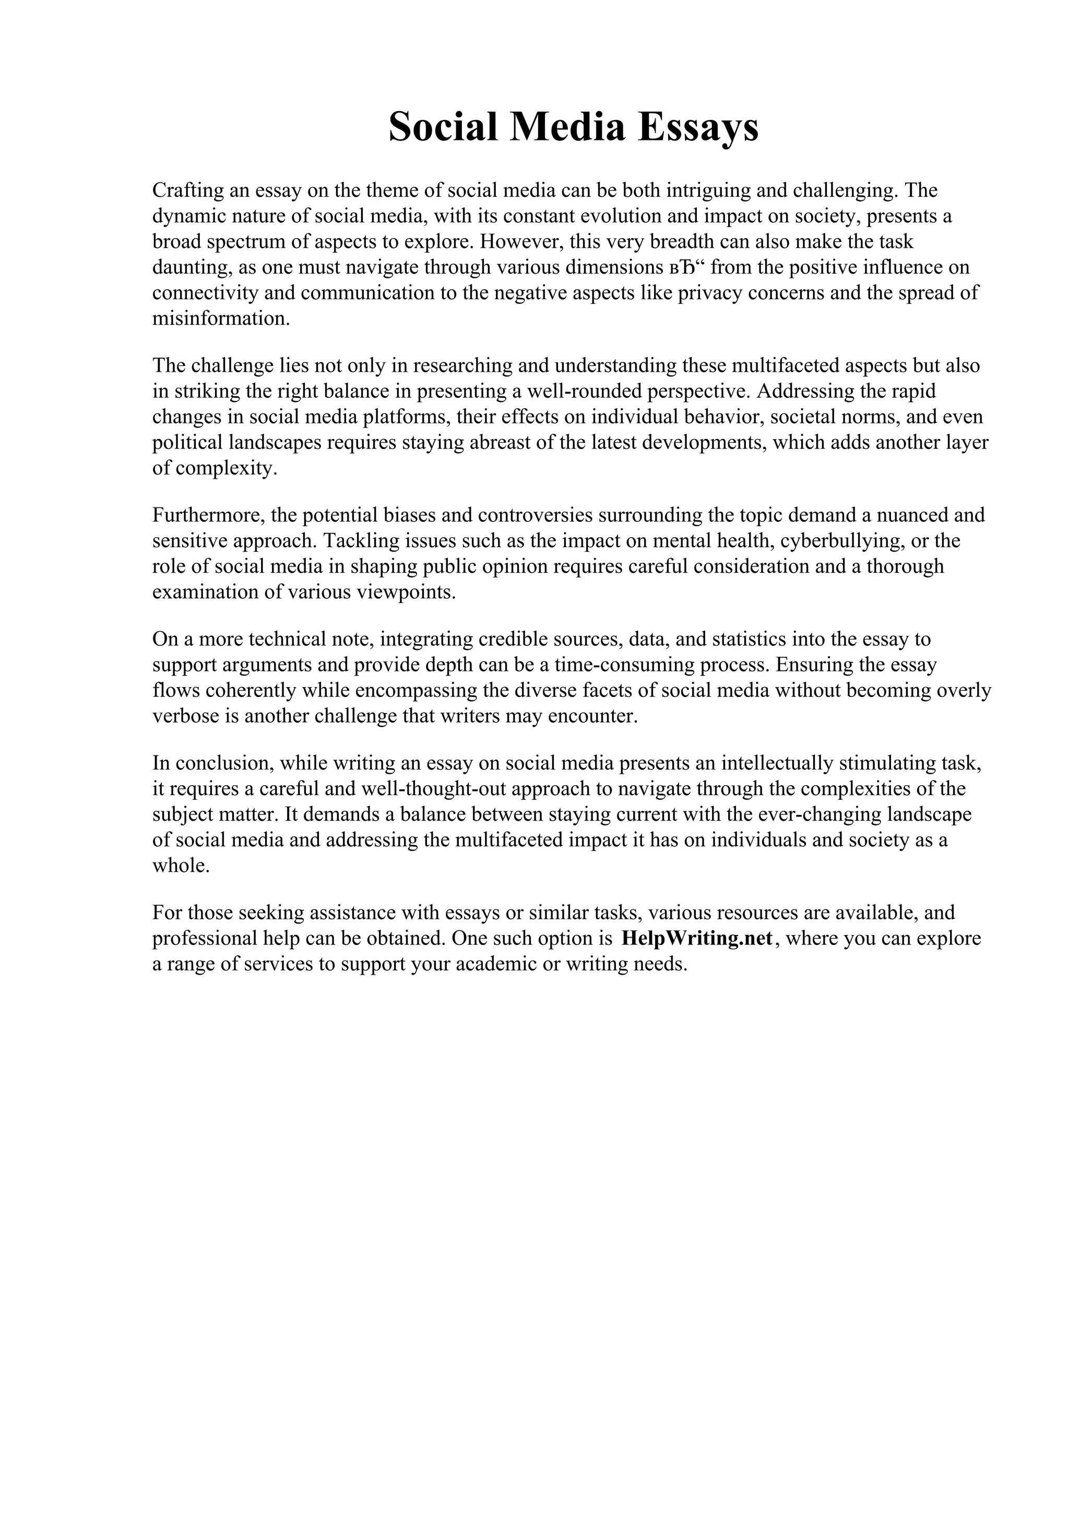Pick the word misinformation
point(221,319)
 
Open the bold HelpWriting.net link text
point(696,938)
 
